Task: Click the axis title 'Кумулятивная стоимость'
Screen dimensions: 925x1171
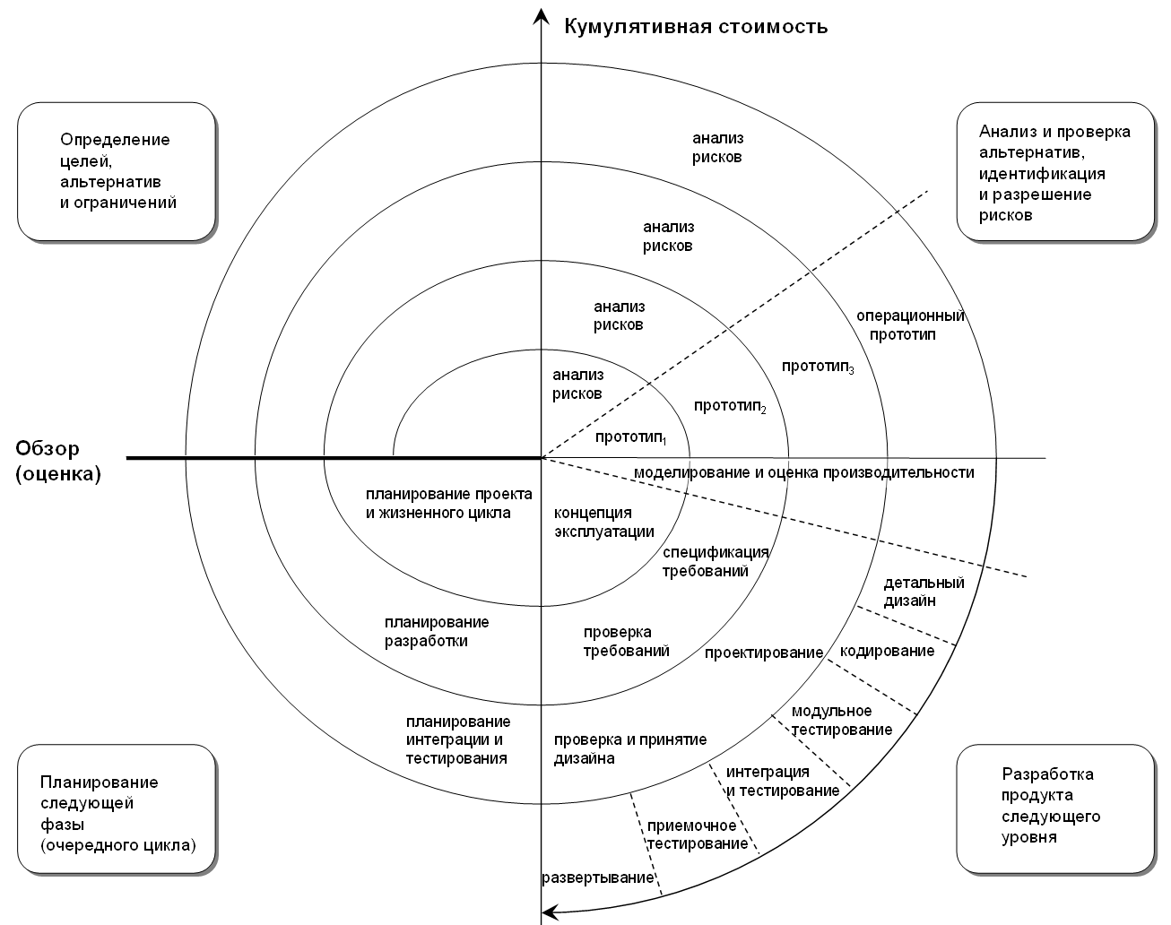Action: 695,26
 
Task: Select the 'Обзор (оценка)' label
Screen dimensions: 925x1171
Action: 59,461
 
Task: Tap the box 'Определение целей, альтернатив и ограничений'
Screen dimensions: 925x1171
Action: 117,171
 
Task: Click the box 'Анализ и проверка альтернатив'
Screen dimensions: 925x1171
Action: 1054,172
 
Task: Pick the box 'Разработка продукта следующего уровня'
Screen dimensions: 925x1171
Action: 1054,805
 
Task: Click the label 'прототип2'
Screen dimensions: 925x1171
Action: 730,406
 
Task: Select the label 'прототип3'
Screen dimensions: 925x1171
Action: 817,367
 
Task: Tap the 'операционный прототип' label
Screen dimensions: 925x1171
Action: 909,324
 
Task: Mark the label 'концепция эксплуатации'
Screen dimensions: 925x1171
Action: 603,522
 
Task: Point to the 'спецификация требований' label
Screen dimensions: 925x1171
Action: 715,561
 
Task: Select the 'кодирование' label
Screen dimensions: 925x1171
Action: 887,651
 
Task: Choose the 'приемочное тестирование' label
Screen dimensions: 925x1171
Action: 697,834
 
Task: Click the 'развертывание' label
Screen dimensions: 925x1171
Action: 597,877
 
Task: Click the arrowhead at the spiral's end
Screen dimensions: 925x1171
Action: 551,912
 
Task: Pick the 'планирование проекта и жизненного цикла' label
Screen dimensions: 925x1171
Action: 448,504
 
